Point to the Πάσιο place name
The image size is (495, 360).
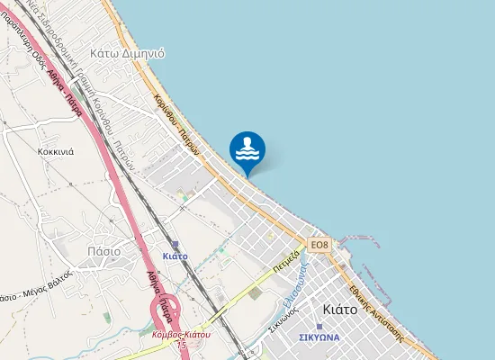pyautogui.click(x=103, y=251)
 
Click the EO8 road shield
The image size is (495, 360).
pyautogui.click(x=319, y=245)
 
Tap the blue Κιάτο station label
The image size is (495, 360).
pyautogui.click(x=175, y=256)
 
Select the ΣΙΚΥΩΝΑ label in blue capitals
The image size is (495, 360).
pyautogui.click(x=319, y=337)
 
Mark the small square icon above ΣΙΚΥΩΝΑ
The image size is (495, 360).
pyautogui.click(x=319, y=325)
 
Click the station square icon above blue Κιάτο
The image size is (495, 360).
pyautogui.click(x=175, y=244)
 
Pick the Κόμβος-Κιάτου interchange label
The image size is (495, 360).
pyautogui.click(x=181, y=334)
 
